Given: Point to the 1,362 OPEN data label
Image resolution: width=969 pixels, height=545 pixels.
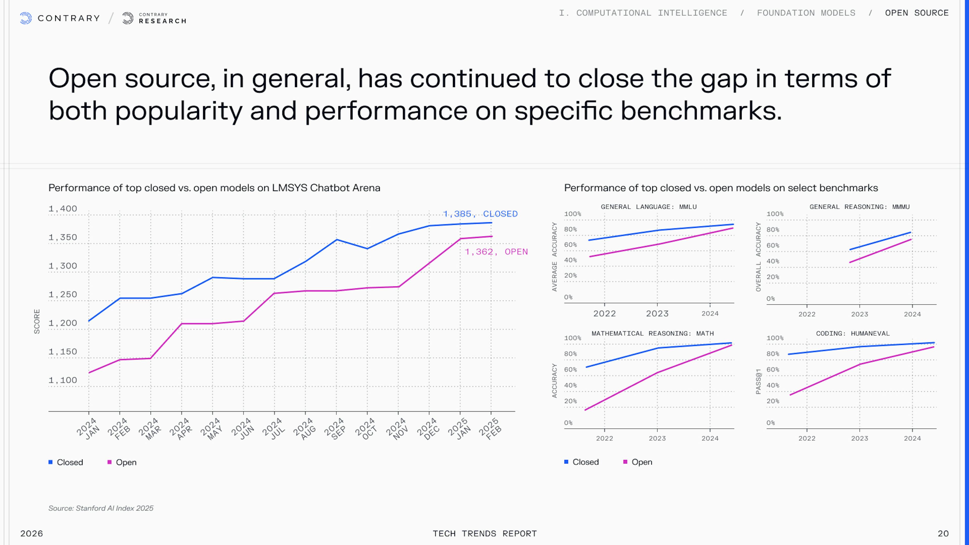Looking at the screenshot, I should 496,252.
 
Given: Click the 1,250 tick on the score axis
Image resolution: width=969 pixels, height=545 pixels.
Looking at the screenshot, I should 63,294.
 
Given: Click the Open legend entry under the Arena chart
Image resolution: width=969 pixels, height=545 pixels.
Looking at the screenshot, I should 122,462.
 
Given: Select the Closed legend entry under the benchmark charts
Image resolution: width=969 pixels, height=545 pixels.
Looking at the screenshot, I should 582,462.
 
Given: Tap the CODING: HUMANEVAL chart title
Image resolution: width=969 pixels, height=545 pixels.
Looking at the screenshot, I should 852,334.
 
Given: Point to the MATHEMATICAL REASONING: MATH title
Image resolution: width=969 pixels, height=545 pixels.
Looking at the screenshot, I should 652,334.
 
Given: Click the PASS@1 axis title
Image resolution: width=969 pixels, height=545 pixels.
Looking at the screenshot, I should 758,381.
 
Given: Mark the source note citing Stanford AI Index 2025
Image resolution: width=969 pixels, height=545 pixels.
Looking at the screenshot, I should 101,508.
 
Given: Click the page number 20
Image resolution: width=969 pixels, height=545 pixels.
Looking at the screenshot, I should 943,533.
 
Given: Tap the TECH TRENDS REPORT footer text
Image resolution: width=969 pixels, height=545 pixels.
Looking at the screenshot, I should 484,533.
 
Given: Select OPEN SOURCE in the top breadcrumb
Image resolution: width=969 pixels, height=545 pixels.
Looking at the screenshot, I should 917,13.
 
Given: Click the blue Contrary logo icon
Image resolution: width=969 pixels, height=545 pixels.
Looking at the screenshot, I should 25,18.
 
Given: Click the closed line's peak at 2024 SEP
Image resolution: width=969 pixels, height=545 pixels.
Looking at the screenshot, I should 336,240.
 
